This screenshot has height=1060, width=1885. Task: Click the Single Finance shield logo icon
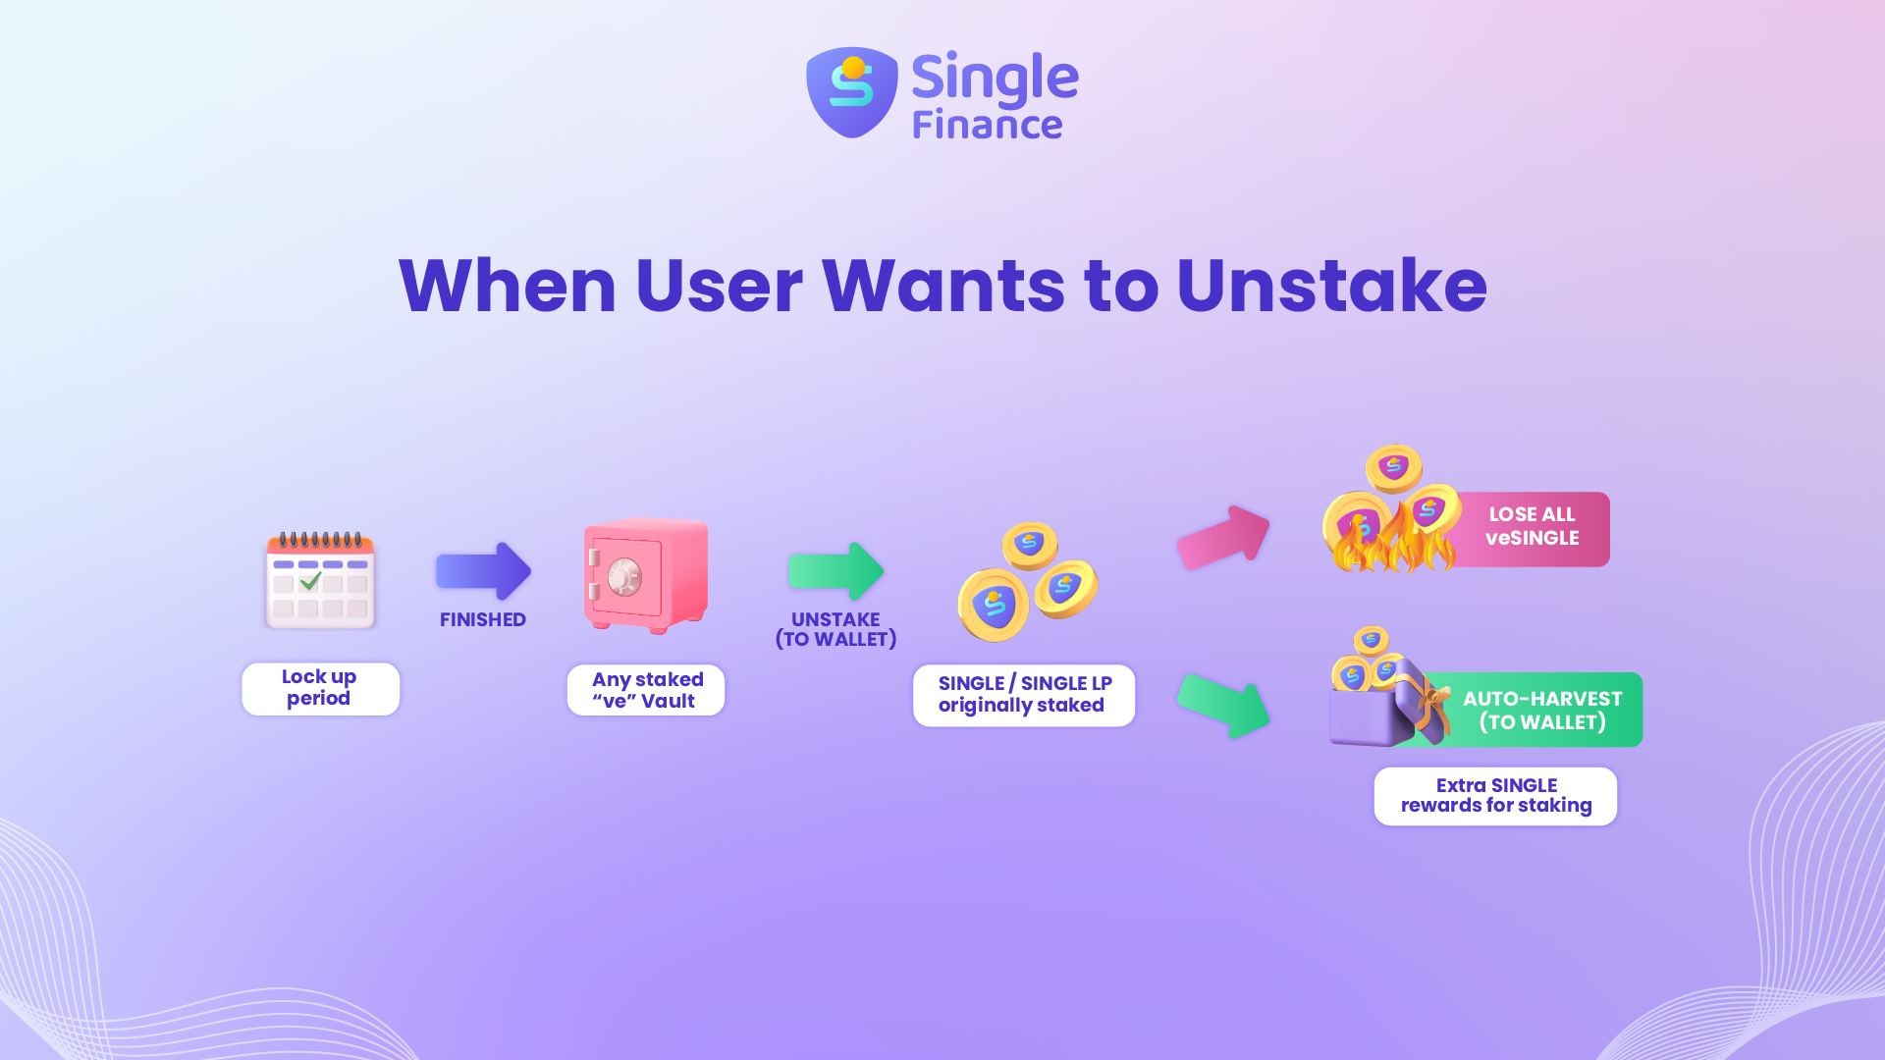[x=852, y=92]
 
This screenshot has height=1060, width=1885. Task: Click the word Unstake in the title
[x=1331, y=286]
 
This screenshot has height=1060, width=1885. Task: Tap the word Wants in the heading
[x=942, y=286]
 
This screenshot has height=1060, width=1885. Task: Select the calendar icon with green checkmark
[x=321, y=579]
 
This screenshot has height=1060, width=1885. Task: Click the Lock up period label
[x=320, y=688]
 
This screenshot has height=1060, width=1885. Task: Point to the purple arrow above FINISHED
[x=483, y=571]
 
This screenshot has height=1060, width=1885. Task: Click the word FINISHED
[x=483, y=620]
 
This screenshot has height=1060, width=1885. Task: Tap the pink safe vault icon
[x=646, y=575]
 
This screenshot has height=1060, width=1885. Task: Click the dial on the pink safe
[x=624, y=578]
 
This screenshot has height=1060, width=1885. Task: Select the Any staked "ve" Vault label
[x=646, y=690]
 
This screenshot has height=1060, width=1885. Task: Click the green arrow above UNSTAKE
[x=835, y=571]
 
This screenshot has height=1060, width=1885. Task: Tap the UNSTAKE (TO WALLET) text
[x=836, y=630]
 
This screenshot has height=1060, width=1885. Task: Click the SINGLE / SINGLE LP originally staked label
[x=1024, y=695]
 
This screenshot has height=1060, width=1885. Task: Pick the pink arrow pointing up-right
[x=1223, y=537]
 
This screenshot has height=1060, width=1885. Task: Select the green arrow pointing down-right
[x=1223, y=706]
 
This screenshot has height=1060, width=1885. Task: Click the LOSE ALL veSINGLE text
[x=1533, y=527]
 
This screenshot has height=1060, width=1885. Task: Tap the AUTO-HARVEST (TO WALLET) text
[x=1542, y=711]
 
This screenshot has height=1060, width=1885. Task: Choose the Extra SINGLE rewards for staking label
[x=1495, y=796]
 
